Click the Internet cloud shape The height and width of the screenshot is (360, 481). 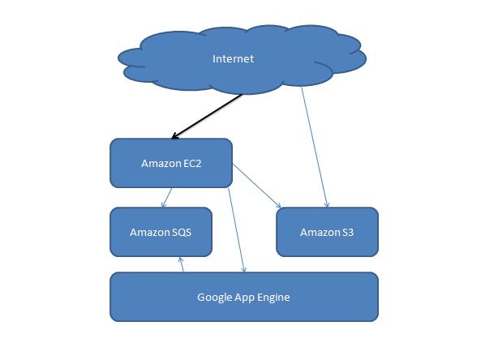click(x=242, y=59)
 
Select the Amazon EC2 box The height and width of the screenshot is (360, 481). click(x=171, y=163)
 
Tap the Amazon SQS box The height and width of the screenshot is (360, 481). click(x=161, y=232)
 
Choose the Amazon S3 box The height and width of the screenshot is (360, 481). click(x=328, y=232)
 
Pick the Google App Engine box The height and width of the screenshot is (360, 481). click(x=244, y=297)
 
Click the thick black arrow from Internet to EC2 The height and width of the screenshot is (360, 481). click(x=207, y=117)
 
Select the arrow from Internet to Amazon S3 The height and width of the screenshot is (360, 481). click(x=315, y=148)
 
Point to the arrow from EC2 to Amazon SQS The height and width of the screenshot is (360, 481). click(x=166, y=198)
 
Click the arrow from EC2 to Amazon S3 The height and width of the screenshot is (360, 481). click(x=257, y=186)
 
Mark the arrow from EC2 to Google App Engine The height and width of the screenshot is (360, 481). click(x=237, y=230)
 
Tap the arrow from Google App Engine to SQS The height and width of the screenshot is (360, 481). click(x=182, y=264)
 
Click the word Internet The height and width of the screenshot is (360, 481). click(x=233, y=58)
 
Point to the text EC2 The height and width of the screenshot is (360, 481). click(x=192, y=164)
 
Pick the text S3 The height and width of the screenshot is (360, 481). click(x=348, y=233)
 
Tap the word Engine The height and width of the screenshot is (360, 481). click(x=273, y=298)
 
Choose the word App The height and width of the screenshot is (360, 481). click(x=244, y=298)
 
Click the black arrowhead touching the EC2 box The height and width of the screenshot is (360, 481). click(x=174, y=136)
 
